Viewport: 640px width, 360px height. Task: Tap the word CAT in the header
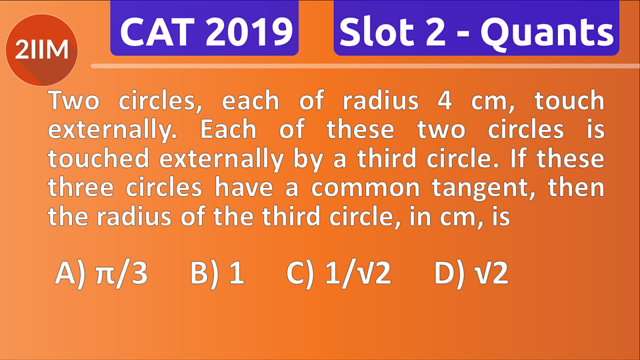(x=157, y=32)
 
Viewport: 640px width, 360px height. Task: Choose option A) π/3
(x=101, y=273)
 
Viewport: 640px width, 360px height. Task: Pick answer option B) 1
(x=217, y=273)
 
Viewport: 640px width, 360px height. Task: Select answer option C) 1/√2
(x=338, y=273)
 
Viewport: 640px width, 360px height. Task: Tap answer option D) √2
(x=471, y=273)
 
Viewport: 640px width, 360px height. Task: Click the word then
(x=576, y=188)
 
